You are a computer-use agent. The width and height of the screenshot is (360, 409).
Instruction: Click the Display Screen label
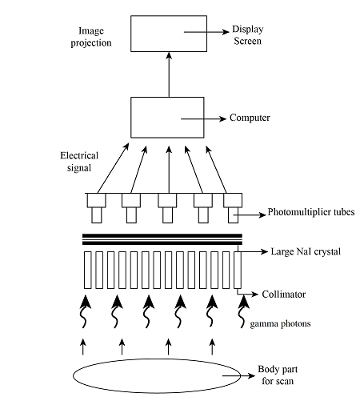coord(248,35)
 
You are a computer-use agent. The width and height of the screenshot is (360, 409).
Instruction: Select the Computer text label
coord(250,118)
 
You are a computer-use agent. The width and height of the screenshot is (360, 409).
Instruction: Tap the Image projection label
coord(91,37)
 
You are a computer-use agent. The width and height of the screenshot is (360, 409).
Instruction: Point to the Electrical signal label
coord(79,162)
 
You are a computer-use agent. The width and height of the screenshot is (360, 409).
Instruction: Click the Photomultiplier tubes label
coord(311,212)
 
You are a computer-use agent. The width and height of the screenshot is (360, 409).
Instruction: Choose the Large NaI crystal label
coord(306,251)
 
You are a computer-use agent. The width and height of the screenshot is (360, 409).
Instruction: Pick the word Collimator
coord(284,295)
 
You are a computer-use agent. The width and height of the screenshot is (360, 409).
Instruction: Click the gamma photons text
coord(280,324)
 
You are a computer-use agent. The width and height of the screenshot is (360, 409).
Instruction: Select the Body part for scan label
coord(278,375)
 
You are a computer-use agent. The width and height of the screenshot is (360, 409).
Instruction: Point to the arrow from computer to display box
coord(169,74)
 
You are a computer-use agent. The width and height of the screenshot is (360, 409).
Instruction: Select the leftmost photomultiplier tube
coord(97,208)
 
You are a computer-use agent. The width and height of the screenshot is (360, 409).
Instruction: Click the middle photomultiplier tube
coord(167,208)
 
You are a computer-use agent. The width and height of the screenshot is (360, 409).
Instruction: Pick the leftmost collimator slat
coord(88,270)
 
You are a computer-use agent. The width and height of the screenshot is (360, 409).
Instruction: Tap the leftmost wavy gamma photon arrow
coord(85,311)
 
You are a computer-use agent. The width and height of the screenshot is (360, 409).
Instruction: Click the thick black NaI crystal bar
coord(162,239)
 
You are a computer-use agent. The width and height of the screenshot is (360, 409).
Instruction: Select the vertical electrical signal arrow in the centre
coord(169,170)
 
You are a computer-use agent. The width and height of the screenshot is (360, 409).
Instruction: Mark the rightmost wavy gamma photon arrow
coord(242,311)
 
